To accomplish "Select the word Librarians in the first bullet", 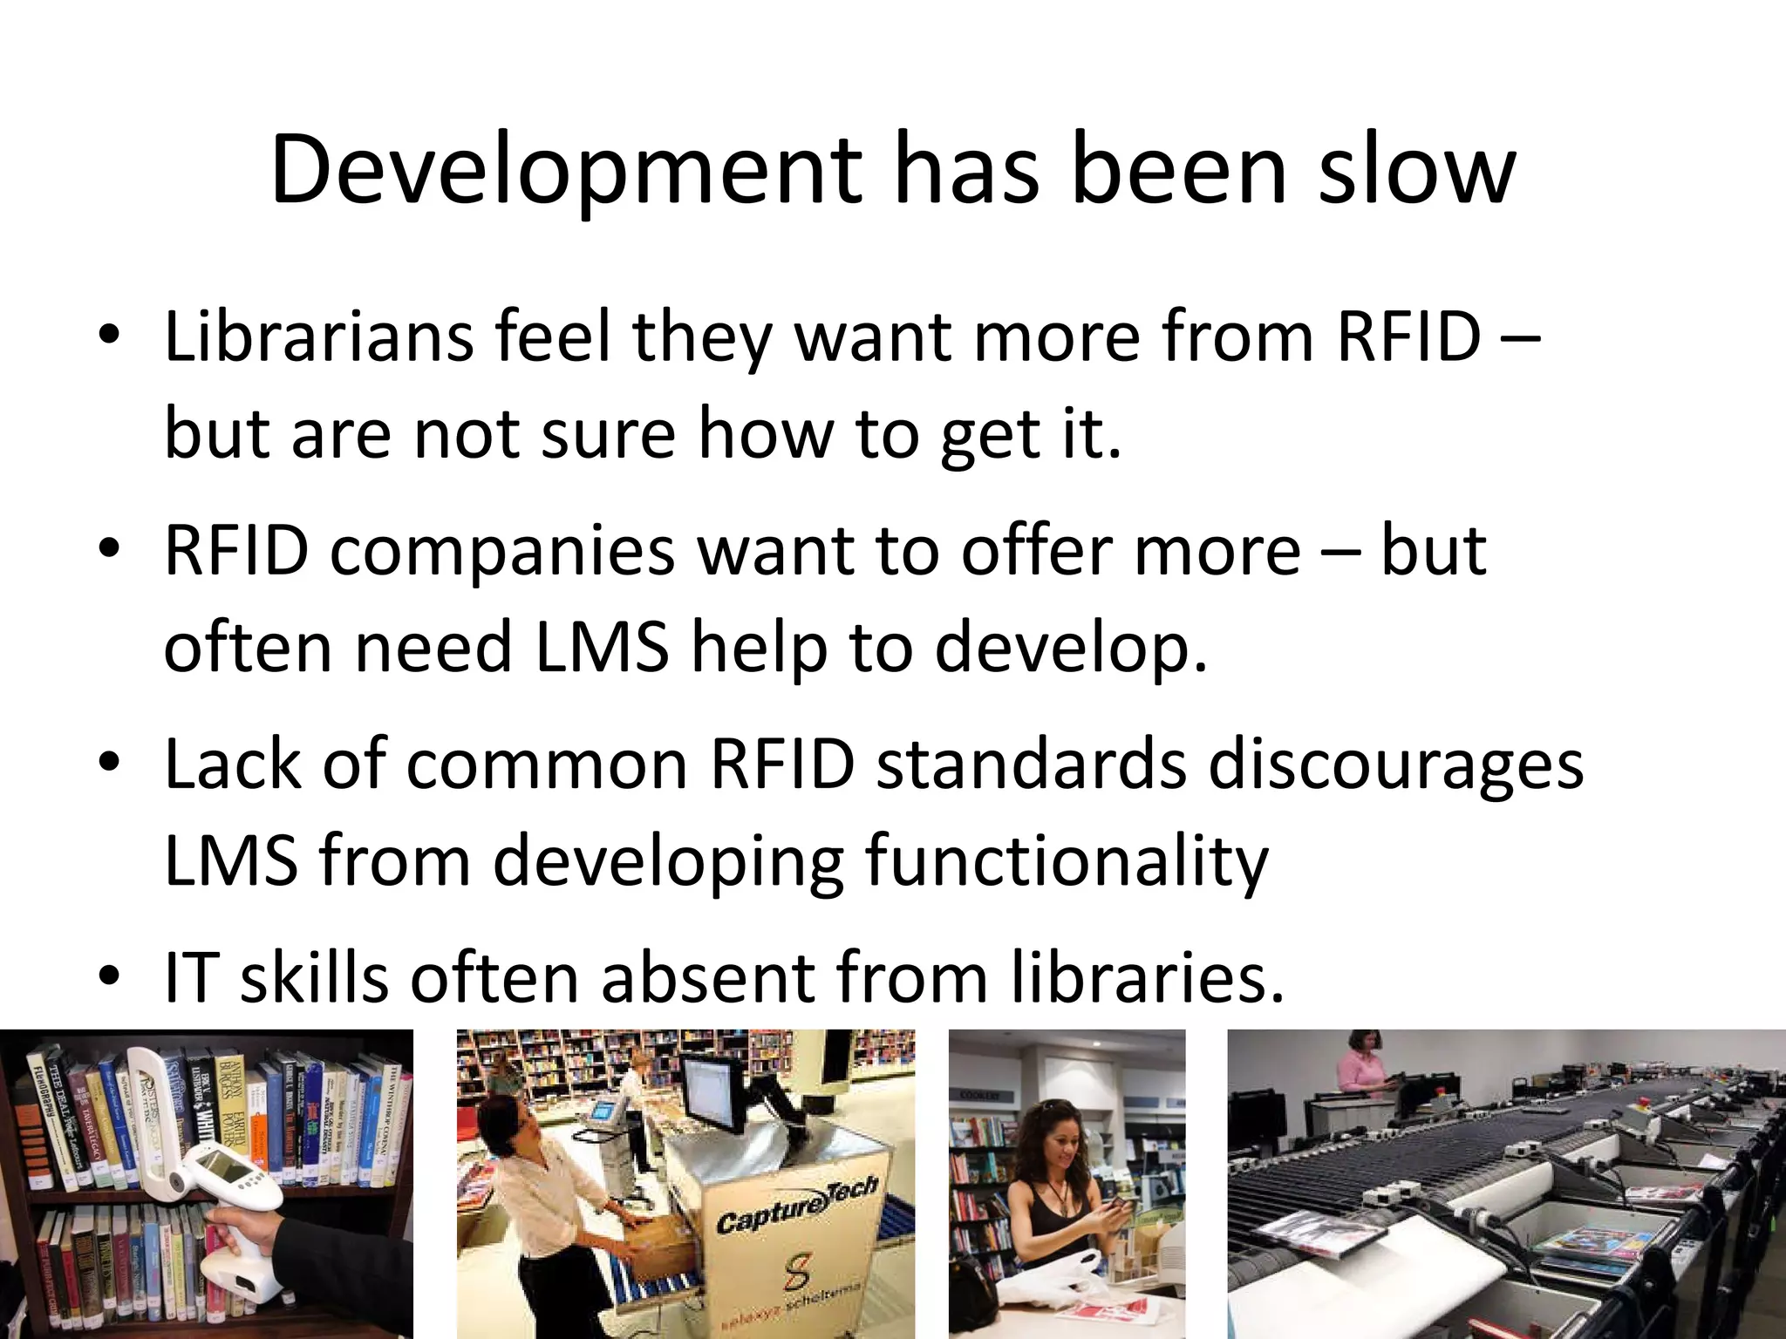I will tap(318, 337).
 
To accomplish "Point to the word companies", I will tap(501, 552).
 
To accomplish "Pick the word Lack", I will tap(231, 765).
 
